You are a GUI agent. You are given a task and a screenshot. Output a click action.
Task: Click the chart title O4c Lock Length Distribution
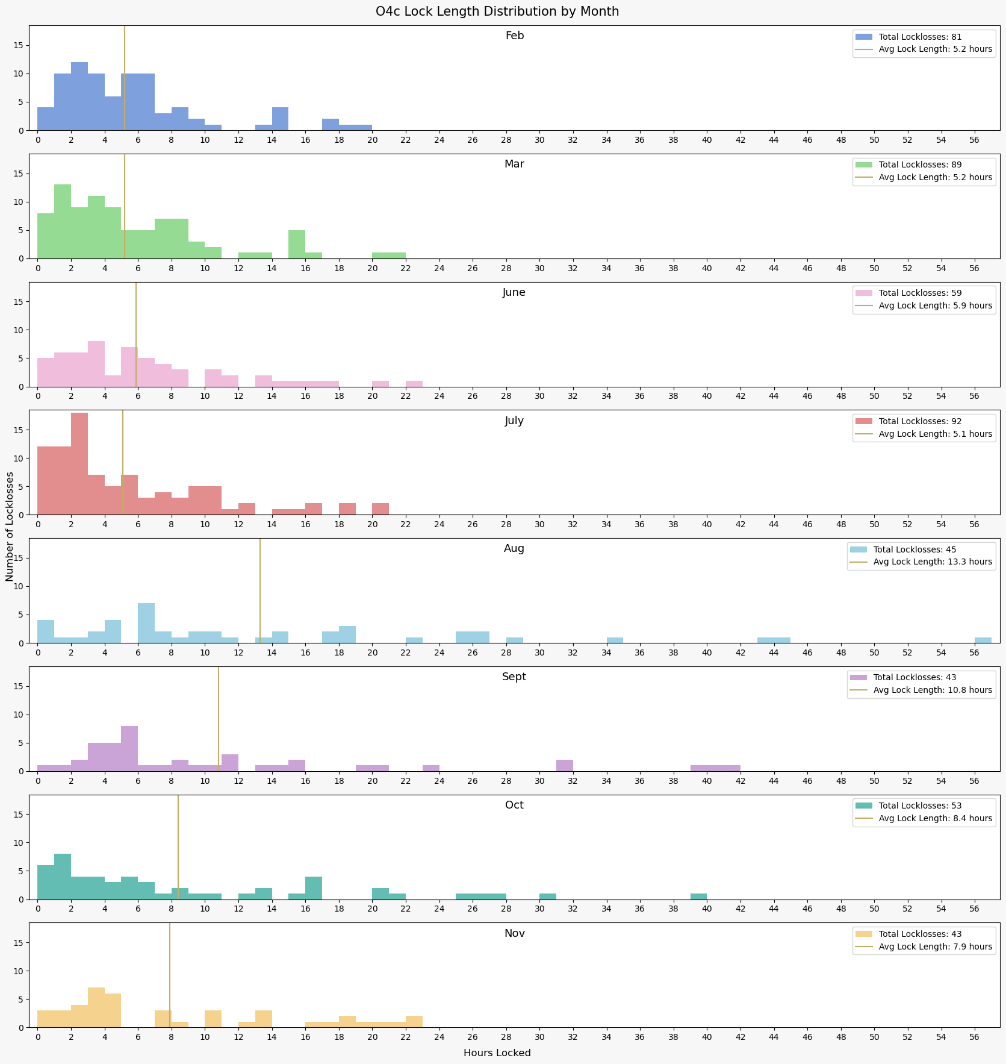pos(497,11)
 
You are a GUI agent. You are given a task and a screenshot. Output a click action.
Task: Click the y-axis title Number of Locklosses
pos(10,526)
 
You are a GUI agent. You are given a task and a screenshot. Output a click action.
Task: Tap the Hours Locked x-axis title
pos(497,1053)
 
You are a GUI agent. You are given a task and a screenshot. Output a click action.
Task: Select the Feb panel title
pos(515,36)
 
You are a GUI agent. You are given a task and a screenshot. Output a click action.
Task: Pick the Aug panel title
pos(514,549)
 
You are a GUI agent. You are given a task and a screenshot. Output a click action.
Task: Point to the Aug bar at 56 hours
pos(983,640)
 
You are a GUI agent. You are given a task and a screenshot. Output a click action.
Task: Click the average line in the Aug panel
pos(260,590)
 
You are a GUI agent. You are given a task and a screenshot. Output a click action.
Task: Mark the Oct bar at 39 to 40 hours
pos(698,897)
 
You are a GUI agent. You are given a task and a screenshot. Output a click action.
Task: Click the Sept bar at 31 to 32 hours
pos(565,766)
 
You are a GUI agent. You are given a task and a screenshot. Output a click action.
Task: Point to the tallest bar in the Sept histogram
pos(129,749)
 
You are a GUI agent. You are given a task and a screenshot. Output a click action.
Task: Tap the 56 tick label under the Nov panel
pos(974,1037)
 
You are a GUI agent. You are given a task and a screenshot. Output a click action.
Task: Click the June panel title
pos(514,293)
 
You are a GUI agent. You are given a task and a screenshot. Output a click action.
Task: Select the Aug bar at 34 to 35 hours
pos(615,640)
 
